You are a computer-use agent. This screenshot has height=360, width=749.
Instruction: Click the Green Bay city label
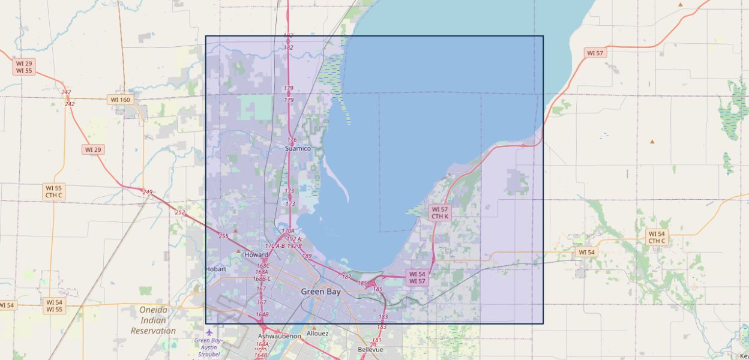(320, 292)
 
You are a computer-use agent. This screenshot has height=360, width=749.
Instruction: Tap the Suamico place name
(298, 148)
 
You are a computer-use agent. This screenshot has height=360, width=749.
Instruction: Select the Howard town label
(256, 254)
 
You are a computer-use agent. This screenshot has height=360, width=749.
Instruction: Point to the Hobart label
(216, 269)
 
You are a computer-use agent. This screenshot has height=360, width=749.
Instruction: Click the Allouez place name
(317, 333)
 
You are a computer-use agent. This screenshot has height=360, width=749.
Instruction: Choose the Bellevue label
(370, 349)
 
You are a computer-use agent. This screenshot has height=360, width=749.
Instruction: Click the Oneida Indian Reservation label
(154, 320)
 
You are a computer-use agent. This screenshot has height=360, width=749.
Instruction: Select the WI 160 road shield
(120, 100)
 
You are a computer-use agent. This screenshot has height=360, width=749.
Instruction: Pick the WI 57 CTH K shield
(440, 212)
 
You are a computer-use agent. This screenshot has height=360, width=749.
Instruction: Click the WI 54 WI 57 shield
(417, 277)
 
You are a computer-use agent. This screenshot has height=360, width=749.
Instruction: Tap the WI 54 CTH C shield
(657, 237)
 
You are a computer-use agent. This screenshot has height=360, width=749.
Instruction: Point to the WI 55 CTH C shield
(53, 191)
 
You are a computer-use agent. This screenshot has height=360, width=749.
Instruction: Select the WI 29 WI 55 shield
(25, 67)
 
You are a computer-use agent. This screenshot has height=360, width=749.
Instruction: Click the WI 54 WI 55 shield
(54, 305)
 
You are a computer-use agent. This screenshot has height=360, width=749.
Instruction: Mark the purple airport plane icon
(209, 332)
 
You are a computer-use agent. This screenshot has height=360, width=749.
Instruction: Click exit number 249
(148, 193)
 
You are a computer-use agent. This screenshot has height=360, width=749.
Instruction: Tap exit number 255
(223, 236)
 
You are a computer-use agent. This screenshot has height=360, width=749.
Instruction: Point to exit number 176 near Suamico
(292, 140)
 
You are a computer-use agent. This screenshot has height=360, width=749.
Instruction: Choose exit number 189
(307, 256)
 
